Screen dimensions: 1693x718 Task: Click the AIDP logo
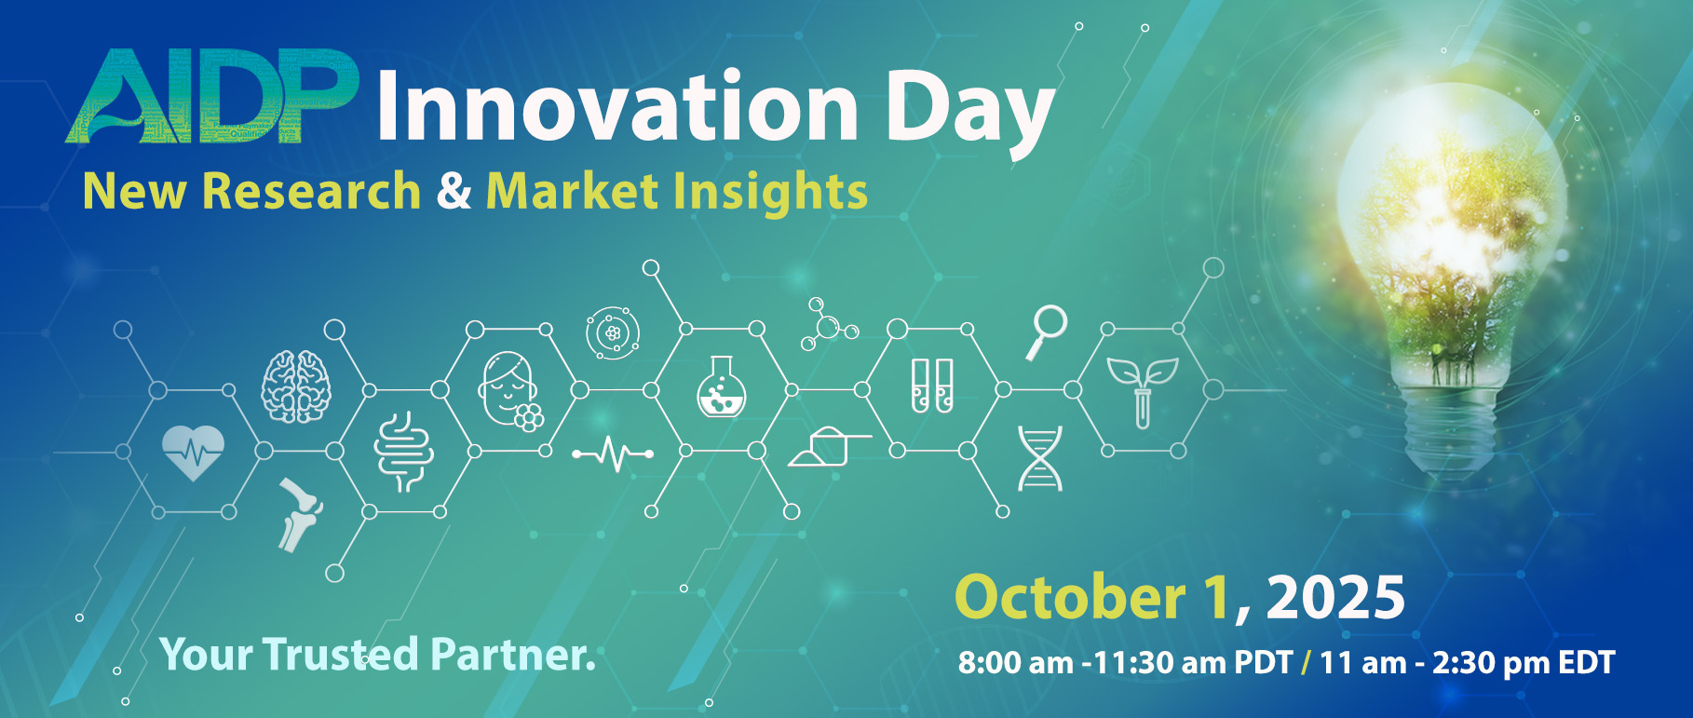coord(212,97)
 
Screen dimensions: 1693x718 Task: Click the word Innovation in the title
coord(617,106)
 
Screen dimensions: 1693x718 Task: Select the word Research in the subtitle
coord(311,191)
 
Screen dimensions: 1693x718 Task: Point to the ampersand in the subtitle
coord(454,190)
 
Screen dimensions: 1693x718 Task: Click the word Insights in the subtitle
coord(770,194)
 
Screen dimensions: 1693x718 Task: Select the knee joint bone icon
coord(300,515)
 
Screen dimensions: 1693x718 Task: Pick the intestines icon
coord(403,452)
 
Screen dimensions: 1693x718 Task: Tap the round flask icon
coord(721,386)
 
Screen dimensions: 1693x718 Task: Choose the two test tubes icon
coord(931,386)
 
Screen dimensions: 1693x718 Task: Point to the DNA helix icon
coord(1039,458)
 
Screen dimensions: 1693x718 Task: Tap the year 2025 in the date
coord(1335,597)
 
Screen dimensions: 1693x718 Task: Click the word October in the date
coord(1070,597)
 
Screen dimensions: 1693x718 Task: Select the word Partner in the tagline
coord(511,655)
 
